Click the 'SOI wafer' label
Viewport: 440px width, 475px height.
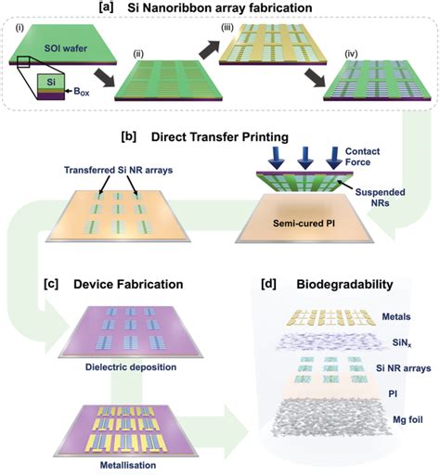[66, 48]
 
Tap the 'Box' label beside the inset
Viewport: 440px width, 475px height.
[82, 92]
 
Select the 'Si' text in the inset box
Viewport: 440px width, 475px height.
[51, 82]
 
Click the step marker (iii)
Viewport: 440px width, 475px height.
[226, 28]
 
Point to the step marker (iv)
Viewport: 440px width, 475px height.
[351, 55]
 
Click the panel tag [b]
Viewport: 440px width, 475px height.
[129, 136]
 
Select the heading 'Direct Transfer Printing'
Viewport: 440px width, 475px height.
[220, 137]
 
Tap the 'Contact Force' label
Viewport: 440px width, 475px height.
[362, 157]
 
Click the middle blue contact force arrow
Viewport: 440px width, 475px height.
[305, 158]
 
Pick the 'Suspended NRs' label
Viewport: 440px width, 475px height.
[380, 198]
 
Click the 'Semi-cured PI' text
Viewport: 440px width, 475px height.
[304, 223]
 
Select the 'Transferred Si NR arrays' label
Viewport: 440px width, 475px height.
[118, 170]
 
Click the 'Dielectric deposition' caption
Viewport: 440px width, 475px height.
[131, 367]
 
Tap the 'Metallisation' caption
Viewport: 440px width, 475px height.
[128, 465]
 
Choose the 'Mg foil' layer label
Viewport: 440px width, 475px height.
[408, 419]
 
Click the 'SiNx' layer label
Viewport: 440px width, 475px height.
[402, 342]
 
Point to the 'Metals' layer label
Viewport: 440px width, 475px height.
[396, 316]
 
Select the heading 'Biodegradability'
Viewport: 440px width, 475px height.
[344, 284]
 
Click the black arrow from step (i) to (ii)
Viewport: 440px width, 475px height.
[104, 79]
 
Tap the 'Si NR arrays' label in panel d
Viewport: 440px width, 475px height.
[404, 368]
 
